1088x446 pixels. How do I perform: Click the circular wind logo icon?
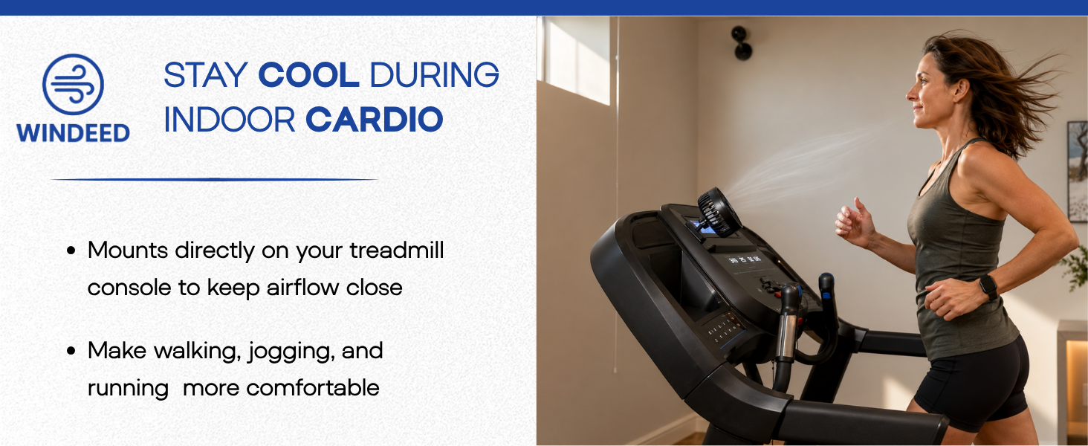tap(73, 84)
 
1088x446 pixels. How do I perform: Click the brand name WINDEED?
tap(73, 133)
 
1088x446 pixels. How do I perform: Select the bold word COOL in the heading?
tap(308, 75)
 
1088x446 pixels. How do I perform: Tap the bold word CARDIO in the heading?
tap(374, 120)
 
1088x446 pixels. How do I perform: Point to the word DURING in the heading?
tap(434, 75)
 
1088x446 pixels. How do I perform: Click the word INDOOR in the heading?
tap(229, 120)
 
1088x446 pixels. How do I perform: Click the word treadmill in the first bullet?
tap(396, 251)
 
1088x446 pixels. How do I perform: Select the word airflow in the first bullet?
tap(302, 287)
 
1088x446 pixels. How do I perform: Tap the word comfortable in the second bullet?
tap(313, 388)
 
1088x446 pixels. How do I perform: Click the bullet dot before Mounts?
tap(71, 251)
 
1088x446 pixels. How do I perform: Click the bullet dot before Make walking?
tap(71, 351)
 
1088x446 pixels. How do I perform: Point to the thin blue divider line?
tap(214, 179)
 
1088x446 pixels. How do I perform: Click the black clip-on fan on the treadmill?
tap(719, 213)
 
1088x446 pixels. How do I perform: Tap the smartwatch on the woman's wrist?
tap(988, 287)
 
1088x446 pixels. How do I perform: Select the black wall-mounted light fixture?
tap(742, 43)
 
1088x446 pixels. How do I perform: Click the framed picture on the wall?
tap(1078, 171)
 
